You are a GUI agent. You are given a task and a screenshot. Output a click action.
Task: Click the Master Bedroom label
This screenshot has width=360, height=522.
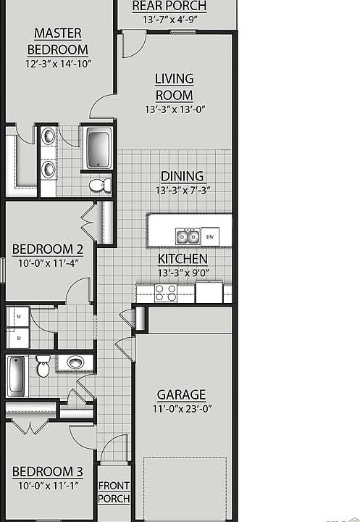point(57,41)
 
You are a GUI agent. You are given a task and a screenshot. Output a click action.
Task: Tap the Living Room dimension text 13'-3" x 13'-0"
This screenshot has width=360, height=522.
point(175,109)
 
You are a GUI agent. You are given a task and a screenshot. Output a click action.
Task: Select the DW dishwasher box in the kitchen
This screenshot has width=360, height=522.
point(210,236)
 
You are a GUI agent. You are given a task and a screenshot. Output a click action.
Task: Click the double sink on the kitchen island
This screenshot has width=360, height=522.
point(188,236)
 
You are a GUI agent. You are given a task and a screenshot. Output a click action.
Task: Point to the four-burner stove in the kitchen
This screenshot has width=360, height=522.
point(166,294)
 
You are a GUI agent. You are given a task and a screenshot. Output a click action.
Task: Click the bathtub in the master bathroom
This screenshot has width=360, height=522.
point(99,148)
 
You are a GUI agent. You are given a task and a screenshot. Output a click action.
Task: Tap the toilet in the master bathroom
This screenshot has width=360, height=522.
point(100,185)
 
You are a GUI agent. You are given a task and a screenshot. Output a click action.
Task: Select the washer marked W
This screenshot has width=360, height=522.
point(18,316)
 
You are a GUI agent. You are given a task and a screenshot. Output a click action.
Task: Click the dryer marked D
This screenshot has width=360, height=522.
point(18,338)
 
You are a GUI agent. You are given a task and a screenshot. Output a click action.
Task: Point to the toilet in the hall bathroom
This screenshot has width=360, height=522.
point(43,366)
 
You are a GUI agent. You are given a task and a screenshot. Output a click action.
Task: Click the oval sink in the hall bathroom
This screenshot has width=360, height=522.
point(75,362)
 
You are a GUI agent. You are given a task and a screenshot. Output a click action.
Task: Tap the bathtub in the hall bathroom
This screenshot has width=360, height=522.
point(16,376)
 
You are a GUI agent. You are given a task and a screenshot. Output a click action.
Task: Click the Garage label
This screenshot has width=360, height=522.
point(181,395)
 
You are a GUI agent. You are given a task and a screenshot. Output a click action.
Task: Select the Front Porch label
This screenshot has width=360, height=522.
point(114,492)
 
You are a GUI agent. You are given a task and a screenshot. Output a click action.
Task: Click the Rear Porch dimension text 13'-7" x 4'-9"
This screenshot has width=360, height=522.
point(170,20)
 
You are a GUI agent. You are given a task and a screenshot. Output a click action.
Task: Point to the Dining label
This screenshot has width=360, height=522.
point(183,176)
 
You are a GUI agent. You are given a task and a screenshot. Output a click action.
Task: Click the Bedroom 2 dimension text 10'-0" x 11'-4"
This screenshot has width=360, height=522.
point(49,263)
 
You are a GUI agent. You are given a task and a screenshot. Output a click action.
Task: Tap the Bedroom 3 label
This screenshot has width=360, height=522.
point(48,472)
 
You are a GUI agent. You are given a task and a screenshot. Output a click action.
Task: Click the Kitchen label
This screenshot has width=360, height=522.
point(183,259)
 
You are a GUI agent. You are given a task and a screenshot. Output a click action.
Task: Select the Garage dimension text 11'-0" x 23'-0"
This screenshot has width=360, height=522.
point(183,409)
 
